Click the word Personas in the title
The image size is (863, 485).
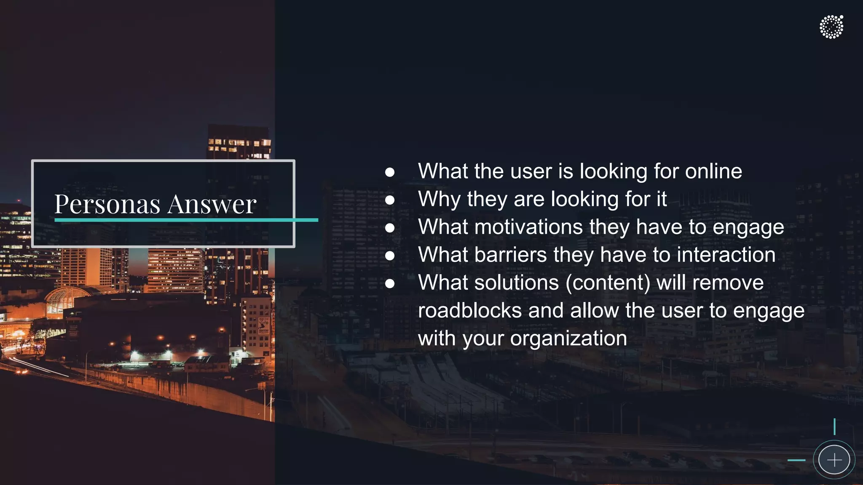click(x=107, y=204)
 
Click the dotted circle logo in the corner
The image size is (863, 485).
click(x=831, y=27)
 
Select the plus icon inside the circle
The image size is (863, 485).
click(x=834, y=460)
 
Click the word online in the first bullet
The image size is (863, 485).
click(x=713, y=171)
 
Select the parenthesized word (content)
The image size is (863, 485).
click(x=608, y=282)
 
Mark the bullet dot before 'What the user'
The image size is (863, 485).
click(x=390, y=172)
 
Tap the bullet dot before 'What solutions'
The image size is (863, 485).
click(x=390, y=284)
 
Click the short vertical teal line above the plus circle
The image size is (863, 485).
click(x=834, y=426)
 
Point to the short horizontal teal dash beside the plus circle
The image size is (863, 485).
click(x=796, y=460)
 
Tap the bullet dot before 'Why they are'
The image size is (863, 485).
click(x=390, y=200)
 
